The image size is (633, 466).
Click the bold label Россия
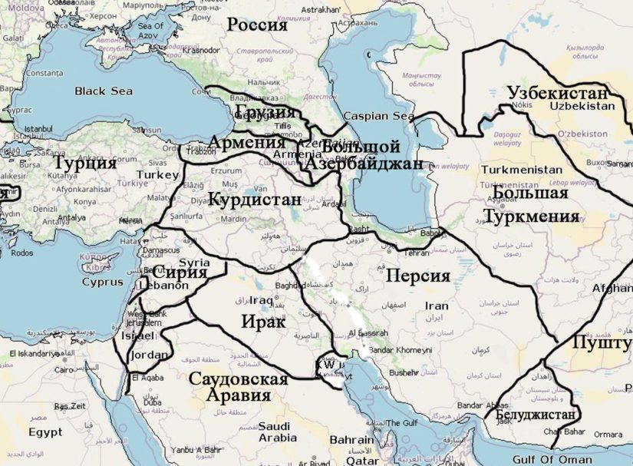point(257,25)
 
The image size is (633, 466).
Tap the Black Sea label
point(104,91)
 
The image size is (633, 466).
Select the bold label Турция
point(84,163)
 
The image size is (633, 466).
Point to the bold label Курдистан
point(254,200)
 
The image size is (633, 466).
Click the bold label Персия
point(417,276)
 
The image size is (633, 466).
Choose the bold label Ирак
point(263,322)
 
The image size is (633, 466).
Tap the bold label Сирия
point(180,273)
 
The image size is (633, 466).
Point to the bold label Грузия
point(265,114)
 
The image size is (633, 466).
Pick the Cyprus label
point(103,282)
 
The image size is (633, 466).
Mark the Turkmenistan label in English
point(521,169)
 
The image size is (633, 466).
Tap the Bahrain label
point(351,441)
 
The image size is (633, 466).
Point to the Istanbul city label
point(38,128)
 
